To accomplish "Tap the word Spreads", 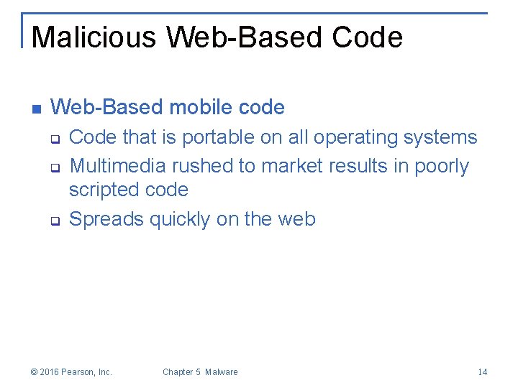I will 106,219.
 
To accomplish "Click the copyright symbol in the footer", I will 35,372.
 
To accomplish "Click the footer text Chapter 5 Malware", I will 200,372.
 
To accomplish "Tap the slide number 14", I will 482,372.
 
